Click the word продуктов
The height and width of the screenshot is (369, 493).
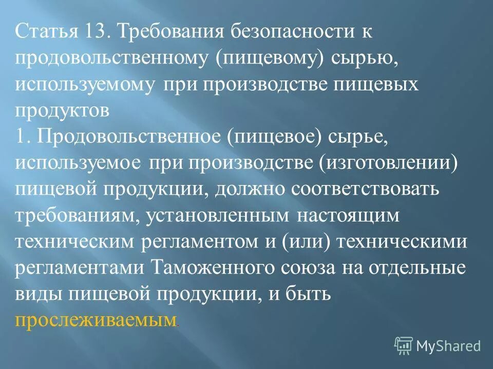[x=62, y=112]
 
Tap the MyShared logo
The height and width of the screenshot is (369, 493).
[x=438, y=345]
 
